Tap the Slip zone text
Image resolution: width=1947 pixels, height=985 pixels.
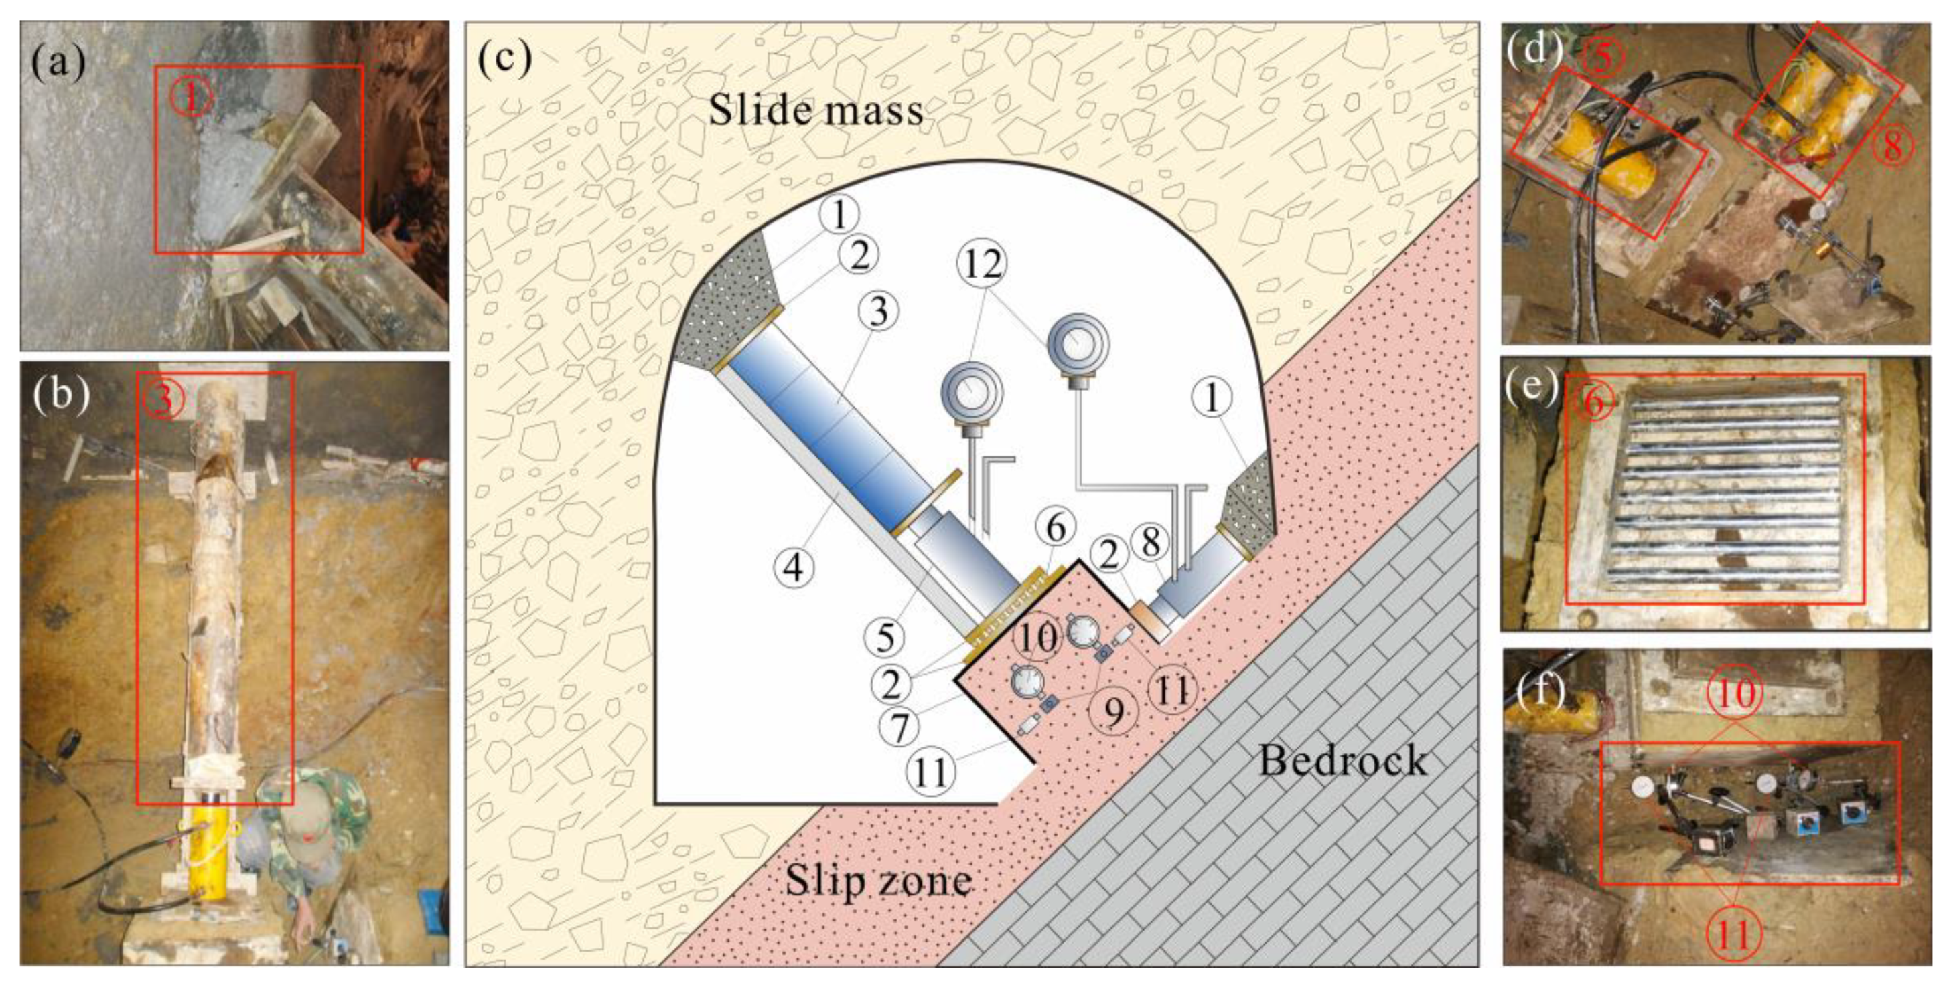877,881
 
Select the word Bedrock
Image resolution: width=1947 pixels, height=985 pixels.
1342,761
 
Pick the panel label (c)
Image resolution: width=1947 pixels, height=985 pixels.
504,58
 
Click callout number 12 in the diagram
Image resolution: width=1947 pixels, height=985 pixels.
983,264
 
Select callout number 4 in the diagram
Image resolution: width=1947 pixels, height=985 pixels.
794,567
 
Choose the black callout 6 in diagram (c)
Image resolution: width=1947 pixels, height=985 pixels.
1056,527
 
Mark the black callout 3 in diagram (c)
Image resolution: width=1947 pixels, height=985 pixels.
878,311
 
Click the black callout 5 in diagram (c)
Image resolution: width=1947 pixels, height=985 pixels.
885,637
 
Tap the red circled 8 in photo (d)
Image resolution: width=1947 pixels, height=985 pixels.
1892,145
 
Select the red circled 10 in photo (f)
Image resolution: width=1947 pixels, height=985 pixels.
1735,692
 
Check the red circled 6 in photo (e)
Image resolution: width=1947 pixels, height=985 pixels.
1593,401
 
